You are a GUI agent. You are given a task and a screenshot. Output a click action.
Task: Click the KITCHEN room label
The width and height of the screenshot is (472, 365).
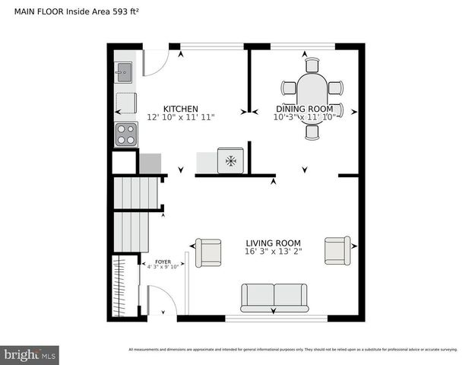pyautogui.click(x=181, y=109)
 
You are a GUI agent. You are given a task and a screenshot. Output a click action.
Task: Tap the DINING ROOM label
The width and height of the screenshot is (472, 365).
pyautogui.click(x=304, y=109)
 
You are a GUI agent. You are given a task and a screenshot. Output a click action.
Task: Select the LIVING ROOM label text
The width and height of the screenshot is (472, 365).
pyautogui.click(x=274, y=243)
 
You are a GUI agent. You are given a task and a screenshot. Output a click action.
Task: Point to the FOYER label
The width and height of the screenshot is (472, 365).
pyautogui.click(x=163, y=261)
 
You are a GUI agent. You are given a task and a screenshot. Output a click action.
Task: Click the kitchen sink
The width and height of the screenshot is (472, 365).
pyautogui.click(x=124, y=72)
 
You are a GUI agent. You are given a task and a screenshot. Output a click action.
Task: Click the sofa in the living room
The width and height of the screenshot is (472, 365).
pyautogui.click(x=274, y=297)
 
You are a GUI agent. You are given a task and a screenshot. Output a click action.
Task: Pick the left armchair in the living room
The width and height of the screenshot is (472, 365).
pyautogui.click(x=208, y=252)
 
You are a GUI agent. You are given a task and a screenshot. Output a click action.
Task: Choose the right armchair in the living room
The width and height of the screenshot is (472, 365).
pyautogui.click(x=337, y=249)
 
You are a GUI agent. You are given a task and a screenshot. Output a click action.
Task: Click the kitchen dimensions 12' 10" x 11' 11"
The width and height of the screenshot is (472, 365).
pyautogui.click(x=181, y=118)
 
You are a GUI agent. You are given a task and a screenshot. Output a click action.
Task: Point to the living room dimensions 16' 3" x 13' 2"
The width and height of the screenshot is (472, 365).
pyautogui.click(x=274, y=252)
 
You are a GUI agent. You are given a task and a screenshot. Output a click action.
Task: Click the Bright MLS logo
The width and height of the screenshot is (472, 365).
pyautogui.click(x=30, y=355)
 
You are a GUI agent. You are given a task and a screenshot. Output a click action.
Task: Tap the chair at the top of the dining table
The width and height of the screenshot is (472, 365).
pyautogui.click(x=312, y=65)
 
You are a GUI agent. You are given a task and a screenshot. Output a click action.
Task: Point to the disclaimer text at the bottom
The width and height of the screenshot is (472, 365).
pyautogui.click(x=293, y=349)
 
